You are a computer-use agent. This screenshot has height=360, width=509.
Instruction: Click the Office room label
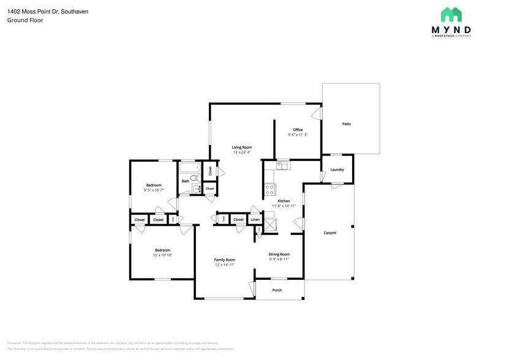pos(298,130)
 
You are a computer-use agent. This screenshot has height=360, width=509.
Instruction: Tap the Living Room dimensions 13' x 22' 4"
pos(241,152)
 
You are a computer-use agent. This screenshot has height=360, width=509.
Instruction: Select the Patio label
pos(346,124)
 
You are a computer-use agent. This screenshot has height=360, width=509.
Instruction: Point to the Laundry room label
pos(337,170)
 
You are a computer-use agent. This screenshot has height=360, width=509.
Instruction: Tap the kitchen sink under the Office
pos(281,165)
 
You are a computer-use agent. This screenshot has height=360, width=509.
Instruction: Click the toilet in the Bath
pos(194,179)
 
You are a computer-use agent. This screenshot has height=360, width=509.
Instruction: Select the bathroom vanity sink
pos(196,189)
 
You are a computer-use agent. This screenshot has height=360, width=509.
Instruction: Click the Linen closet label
pos(255,219)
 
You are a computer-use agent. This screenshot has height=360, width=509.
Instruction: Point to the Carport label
pos(330,233)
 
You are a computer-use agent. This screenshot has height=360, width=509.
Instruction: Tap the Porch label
pos(277,290)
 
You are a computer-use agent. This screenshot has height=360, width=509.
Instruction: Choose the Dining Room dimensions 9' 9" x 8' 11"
pos(279,259)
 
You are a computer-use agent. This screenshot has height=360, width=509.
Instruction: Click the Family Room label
pos(224,260)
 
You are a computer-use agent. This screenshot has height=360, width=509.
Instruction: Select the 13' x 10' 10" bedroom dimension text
pos(162,255)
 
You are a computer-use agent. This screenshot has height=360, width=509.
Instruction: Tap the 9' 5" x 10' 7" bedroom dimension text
pos(153,190)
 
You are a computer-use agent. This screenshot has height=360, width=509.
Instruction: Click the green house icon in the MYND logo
pos(452,15)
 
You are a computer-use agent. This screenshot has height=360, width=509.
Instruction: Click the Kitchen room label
pos(284,201)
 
